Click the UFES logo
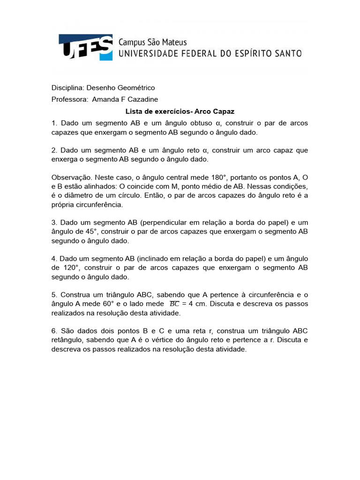click(x=85, y=47)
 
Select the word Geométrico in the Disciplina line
click(x=138, y=88)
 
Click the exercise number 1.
click(x=54, y=123)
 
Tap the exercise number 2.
click(x=54, y=150)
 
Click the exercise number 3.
click(x=54, y=223)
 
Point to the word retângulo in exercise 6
click(x=67, y=340)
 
